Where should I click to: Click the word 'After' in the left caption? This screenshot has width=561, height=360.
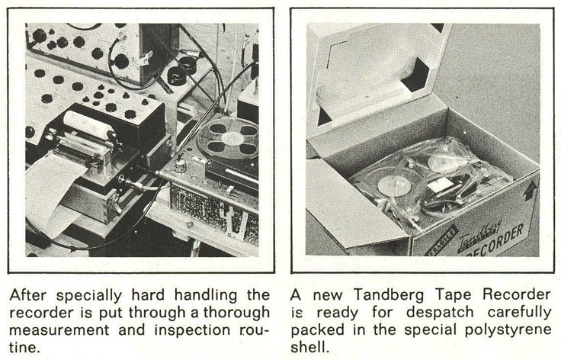pos(28,296)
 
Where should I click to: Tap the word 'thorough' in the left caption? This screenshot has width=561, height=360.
pos(236,313)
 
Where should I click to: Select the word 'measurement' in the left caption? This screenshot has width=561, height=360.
pos(59,330)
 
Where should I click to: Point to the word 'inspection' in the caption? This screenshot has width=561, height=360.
pos(192,330)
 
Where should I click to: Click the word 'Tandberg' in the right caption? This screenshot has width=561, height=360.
pos(389,295)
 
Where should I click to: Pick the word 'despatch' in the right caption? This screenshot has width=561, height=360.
pos(440,313)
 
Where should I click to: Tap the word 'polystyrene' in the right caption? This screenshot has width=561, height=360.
pos(508,330)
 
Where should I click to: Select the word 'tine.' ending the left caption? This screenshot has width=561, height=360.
pos(24,347)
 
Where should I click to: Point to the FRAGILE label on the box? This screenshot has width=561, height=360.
pos(442,241)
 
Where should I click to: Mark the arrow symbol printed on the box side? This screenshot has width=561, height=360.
pos(530,191)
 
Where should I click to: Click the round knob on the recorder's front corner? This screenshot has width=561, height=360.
pos(180,166)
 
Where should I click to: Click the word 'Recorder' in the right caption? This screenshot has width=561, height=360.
pos(517,295)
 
